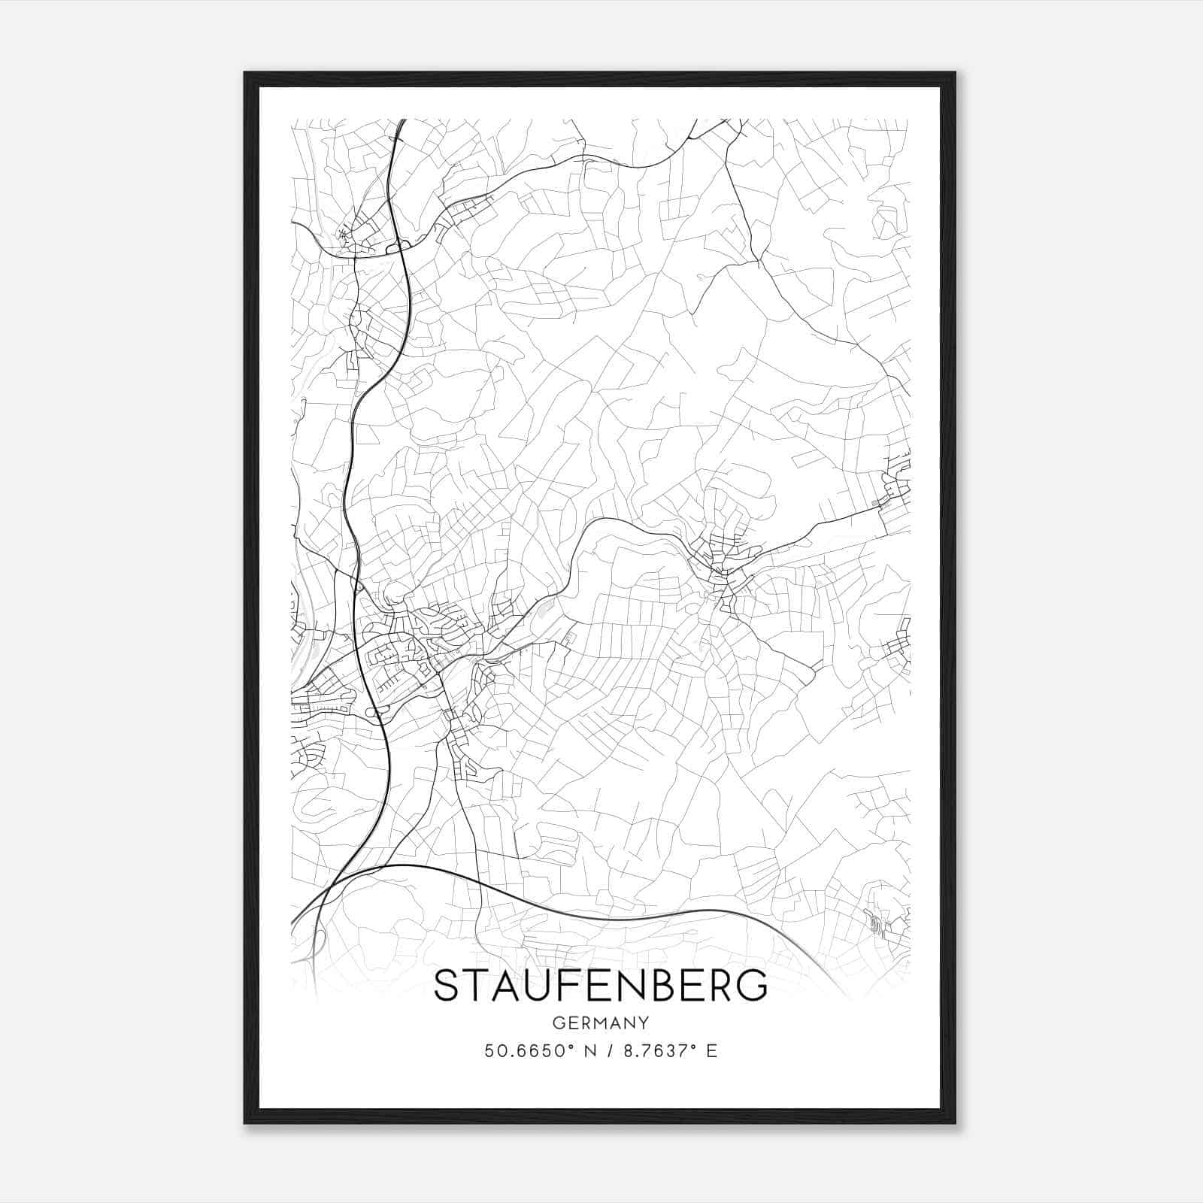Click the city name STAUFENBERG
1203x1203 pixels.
[601, 986]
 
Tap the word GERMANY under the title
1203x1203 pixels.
[601, 1023]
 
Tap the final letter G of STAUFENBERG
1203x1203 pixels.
[753, 986]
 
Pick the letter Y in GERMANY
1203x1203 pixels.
[643, 1023]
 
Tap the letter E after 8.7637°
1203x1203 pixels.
[711, 1051]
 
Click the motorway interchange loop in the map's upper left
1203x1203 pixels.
[396, 247]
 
